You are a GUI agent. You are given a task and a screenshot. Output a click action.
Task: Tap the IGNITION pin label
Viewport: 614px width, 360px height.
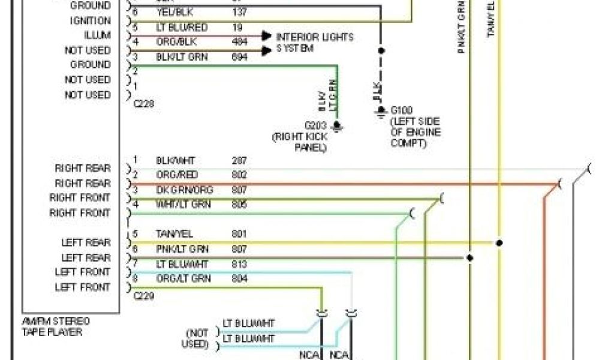tap(91, 21)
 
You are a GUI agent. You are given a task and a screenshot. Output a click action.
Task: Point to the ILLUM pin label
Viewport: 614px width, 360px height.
tap(97, 35)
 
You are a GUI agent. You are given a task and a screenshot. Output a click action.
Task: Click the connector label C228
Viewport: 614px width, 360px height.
tap(143, 104)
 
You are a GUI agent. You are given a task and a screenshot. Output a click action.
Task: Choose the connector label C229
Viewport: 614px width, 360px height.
tap(143, 296)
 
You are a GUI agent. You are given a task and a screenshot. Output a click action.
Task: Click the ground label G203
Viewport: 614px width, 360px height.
tap(316, 126)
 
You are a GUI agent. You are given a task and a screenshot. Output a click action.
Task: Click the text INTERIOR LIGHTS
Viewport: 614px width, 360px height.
tap(315, 37)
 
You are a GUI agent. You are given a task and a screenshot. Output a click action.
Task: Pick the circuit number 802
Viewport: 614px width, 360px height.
tap(239, 175)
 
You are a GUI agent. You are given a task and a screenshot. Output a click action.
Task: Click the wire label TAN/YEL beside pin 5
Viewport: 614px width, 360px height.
tap(174, 233)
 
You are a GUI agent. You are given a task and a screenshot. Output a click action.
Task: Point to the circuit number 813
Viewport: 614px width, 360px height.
tap(239, 263)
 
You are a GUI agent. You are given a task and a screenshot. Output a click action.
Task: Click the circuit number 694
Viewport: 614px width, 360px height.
tap(239, 56)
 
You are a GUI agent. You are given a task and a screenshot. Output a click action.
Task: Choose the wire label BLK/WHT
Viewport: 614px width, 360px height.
tap(175, 161)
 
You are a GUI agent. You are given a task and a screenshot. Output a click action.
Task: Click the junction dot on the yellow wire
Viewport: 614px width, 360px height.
tap(499, 243)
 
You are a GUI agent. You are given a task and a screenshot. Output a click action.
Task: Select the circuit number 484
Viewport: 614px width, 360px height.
tap(239, 42)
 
